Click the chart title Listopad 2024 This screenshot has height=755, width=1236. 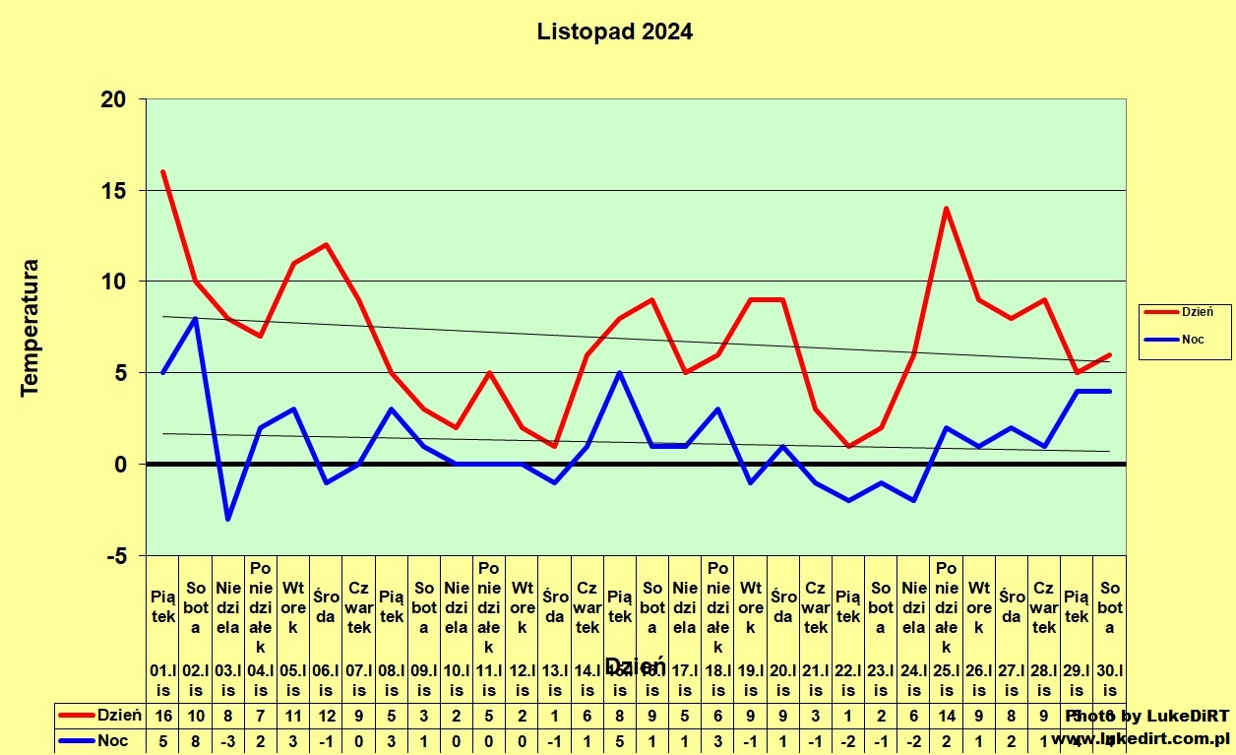coord(614,31)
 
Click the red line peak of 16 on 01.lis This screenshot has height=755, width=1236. coord(163,172)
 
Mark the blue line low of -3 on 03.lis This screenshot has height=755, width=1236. coord(228,519)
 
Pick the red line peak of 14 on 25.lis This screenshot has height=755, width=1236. coord(947,209)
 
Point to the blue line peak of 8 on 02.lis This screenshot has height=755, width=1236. coord(196,318)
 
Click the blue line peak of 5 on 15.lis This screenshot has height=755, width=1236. coord(620,373)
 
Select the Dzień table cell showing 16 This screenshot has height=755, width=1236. coord(163,716)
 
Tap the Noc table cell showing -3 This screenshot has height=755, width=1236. coord(228,739)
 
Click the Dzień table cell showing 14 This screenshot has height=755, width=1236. coord(947,716)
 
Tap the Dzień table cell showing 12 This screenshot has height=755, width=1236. coord(327,716)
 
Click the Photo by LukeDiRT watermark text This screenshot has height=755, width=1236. coord(1147,716)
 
